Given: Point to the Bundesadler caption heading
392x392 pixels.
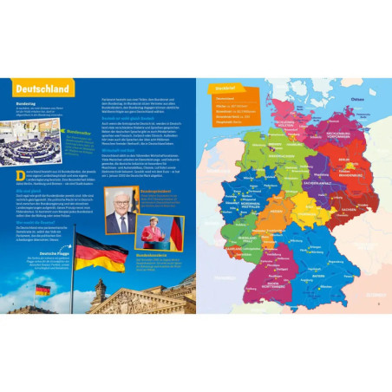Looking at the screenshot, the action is [x=79, y=133].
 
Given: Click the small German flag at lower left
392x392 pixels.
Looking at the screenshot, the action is [x=42, y=289].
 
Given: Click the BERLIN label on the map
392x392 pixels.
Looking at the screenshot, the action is [x=343, y=160].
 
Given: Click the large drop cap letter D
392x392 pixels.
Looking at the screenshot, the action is [x=20, y=176].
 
